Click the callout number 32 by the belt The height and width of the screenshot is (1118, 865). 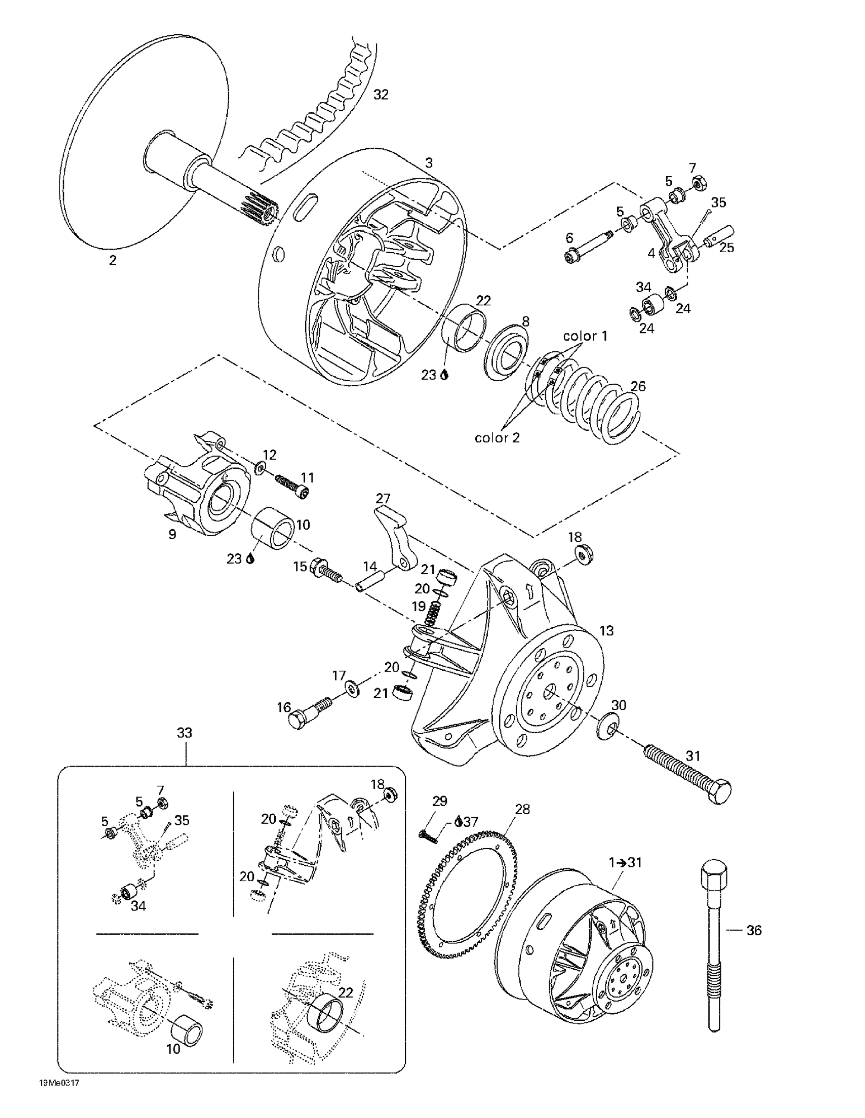pyautogui.click(x=380, y=95)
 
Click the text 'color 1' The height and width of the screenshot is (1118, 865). pyautogui.click(x=585, y=336)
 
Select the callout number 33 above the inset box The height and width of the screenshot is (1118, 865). pyautogui.click(x=184, y=733)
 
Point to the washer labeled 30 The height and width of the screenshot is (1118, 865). pyautogui.click(x=608, y=725)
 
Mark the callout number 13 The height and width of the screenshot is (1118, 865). pyautogui.click(x=606, y=631)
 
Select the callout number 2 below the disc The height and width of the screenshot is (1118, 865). pyautogui.click(x=113, y=260)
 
